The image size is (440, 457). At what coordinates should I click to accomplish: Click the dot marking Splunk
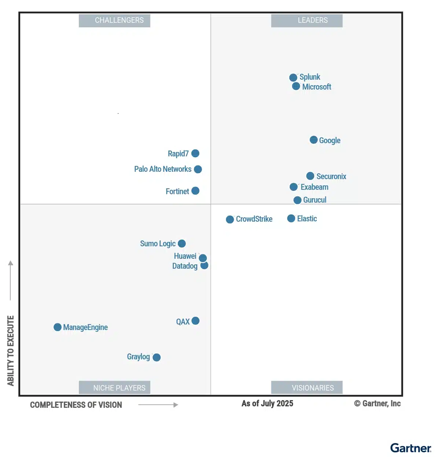(x=293, y=77)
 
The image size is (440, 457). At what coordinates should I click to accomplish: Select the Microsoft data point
(x=296, y=86)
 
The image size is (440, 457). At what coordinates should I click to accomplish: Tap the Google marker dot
(x=313, y=140)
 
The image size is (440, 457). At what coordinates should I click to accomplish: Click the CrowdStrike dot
(x=230, y=220)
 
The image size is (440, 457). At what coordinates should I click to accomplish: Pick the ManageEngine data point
(x=58, y=327)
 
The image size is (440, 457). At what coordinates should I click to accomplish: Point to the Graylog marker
(x=157, y=357)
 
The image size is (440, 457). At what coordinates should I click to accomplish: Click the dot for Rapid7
(x=195, y=153)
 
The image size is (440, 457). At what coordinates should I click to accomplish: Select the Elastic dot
(x=291, y=218)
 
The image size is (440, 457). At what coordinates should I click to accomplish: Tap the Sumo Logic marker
(x=182, y=243)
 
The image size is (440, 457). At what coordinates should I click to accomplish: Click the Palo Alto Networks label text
(x=163, y=169)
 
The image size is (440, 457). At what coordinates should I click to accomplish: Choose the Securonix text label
(x=331, y=177)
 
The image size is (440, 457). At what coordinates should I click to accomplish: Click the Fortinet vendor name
(x=177, y=192)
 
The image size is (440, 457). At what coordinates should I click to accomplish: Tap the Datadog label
(x=185, y=266)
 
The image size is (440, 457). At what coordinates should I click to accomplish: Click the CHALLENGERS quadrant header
(x=114, y=21)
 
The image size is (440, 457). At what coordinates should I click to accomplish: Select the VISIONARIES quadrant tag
(x=307, y=388)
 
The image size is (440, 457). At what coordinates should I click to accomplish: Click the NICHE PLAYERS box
(x=114, y=388)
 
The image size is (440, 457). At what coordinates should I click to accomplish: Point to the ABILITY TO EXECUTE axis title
(x=11, y=351)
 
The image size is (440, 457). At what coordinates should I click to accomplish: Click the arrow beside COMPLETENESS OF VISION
(x=158, y=405)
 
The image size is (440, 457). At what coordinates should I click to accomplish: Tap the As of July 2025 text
(x=267, y=403)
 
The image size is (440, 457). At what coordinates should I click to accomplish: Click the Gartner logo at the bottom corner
(x=410, y=448)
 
